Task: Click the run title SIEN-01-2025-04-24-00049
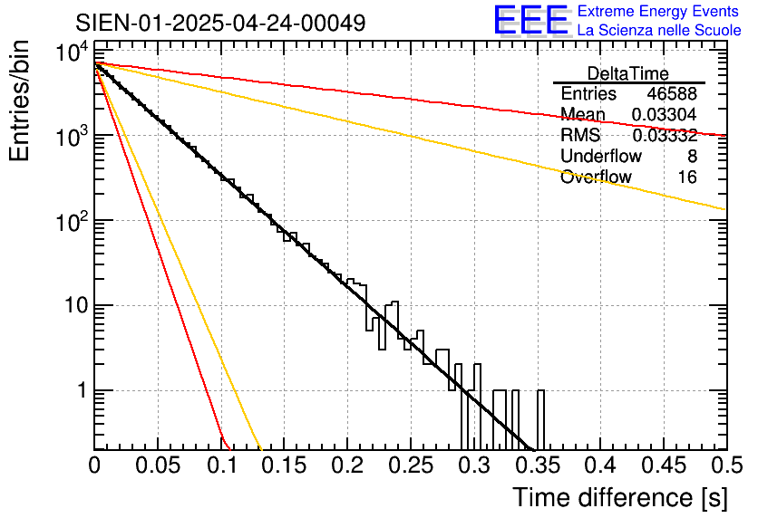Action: coord(221,23)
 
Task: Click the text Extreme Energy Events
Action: coord(658,12)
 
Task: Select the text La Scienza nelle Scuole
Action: coord(659,31)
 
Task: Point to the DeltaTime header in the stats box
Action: coord(628,73)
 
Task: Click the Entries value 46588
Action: coord(672,94)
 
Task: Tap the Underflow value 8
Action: coord(692,157)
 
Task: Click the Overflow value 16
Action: coord(687,177)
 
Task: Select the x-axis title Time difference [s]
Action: coord(618,497)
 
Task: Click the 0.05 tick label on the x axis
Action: coord(158,466)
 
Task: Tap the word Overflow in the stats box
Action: coord(596,177)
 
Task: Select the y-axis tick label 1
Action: coord(79,390)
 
